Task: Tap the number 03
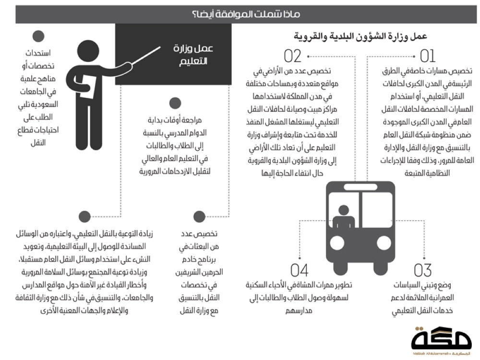(x=423, y=270)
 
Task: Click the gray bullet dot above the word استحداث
(x=38, y=36)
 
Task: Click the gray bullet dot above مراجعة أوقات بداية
(x=174, y=104)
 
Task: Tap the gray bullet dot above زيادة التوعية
(x=84, y=216)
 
